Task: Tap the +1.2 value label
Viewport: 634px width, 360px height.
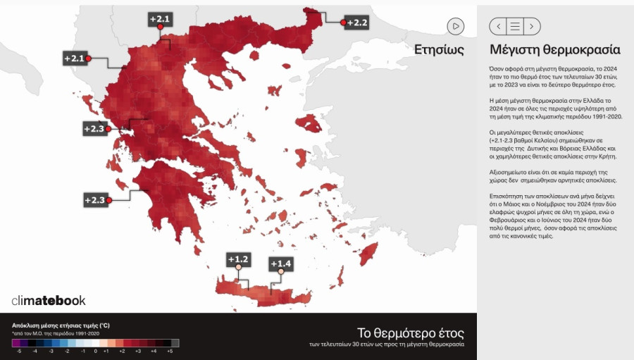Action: point(238,259)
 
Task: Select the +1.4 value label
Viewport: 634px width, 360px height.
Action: point(280,263)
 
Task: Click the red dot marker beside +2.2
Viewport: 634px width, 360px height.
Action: point(343,23)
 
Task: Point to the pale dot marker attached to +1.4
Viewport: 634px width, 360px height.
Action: point(280,271)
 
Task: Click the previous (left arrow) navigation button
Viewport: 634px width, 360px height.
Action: point(498,26)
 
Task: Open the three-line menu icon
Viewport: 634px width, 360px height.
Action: point(515,26)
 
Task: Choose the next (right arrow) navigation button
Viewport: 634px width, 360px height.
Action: point(532,26)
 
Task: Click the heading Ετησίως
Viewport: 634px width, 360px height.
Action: point(439,50)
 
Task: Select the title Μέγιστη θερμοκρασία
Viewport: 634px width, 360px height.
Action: point(554,50)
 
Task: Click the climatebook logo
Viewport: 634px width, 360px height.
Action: point(49,300)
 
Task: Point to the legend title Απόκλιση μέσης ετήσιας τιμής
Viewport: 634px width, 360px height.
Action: point(61,325)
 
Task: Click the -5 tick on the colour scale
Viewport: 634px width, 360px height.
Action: point(18,350)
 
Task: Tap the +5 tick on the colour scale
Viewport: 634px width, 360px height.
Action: point(169,350)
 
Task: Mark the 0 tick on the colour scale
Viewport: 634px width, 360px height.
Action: point(95,350)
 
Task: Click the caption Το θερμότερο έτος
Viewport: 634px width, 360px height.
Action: point(411,332)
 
